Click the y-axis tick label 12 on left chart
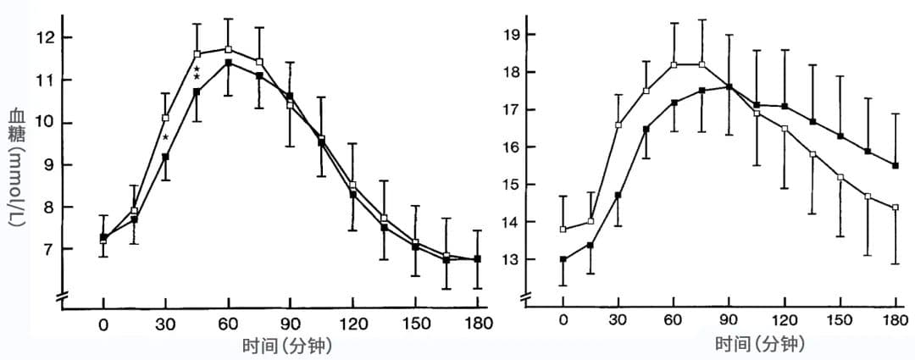[46, 38]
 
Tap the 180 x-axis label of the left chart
[478, 324]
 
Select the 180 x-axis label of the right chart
[895, 320]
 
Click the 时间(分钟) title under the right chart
[759, 345]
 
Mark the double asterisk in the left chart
[197, 73]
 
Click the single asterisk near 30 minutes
[166, 137]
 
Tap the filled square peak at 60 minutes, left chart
[228, 63]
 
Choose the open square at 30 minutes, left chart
[165, 118]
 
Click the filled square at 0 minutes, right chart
[563, 259]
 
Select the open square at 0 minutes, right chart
[563, 230]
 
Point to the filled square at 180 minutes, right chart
[895, 166]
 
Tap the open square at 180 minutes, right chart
[895, 208]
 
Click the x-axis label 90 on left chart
[291, 324]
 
